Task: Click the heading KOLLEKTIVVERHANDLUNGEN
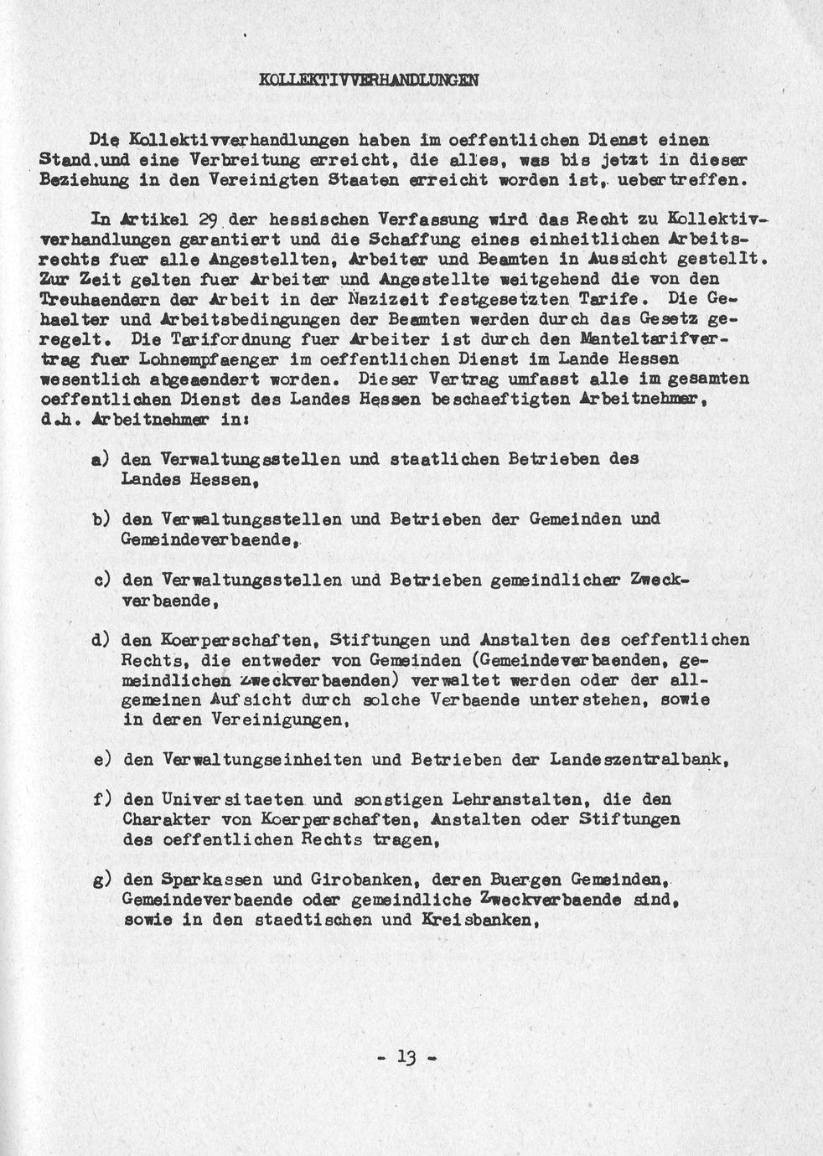(x=369, y=80)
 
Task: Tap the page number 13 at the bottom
(x=407, y=1057)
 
